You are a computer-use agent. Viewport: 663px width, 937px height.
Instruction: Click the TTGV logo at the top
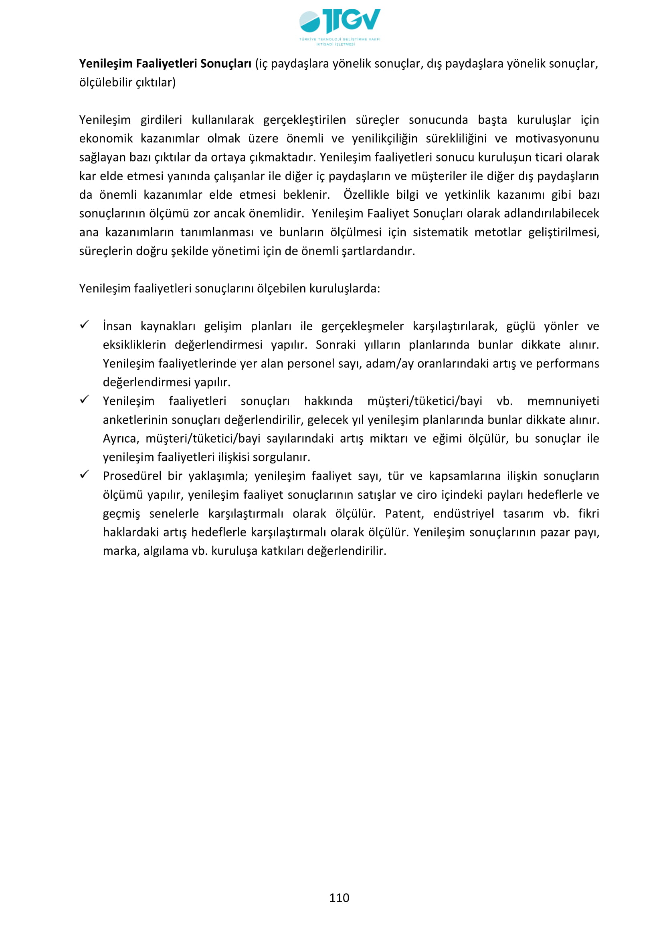coord(340,25)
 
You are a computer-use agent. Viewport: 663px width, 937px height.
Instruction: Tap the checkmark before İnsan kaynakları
coord(85,325)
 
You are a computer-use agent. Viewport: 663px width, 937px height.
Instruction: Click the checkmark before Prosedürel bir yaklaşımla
coord(85,475)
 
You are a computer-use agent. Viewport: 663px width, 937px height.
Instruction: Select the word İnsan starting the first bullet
coord(117,326)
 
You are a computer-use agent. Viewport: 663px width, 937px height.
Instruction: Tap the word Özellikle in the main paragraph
coord(366,195)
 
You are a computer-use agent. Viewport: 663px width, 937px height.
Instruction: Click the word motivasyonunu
coord(557,139)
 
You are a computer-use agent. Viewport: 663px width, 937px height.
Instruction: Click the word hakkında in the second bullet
coord(328,401)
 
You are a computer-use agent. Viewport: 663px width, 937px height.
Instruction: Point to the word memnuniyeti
coord(563,401)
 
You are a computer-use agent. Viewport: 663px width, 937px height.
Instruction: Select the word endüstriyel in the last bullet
coord(463,514)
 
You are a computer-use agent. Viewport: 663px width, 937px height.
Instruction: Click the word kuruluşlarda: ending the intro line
coord(345,288)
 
